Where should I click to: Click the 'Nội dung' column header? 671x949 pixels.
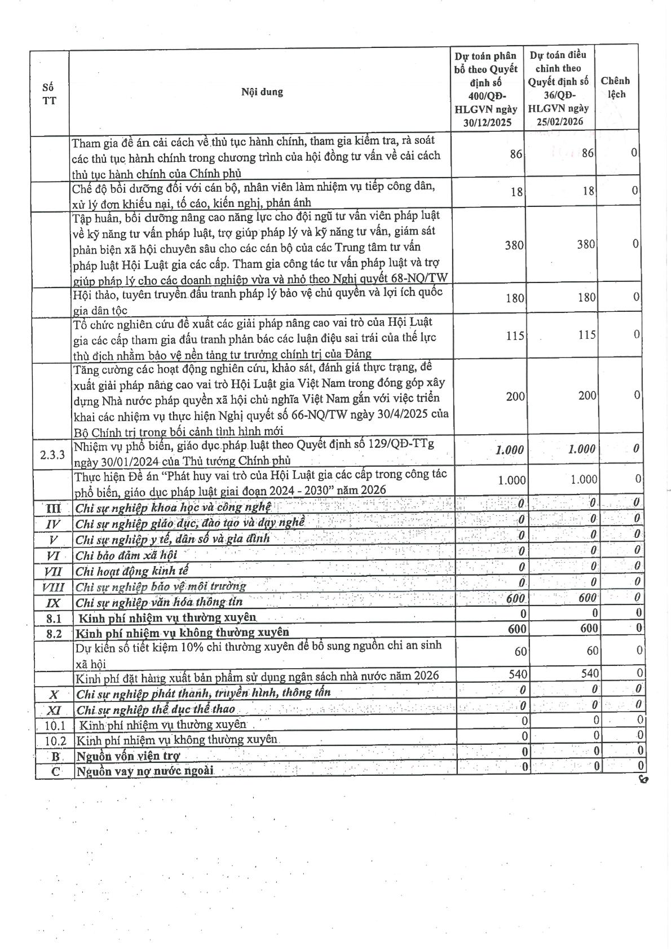[x=262, y=92]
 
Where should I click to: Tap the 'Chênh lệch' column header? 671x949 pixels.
[x=615, y=87]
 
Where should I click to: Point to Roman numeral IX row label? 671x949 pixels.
[x=53, y=603]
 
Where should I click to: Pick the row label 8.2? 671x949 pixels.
[x=54, y=633]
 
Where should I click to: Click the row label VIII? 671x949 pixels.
[x=53, y=588]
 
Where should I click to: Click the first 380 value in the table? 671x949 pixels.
[x=514, y=245]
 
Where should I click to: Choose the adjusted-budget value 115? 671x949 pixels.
[x=586, y=334]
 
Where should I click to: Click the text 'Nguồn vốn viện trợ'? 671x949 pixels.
[x=128, y=756]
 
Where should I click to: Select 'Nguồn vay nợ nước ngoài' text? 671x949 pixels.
[x=145, y=771]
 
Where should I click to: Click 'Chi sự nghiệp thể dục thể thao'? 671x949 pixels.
[x=156, y=709]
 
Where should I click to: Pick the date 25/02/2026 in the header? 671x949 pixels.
[x=559, y=121]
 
